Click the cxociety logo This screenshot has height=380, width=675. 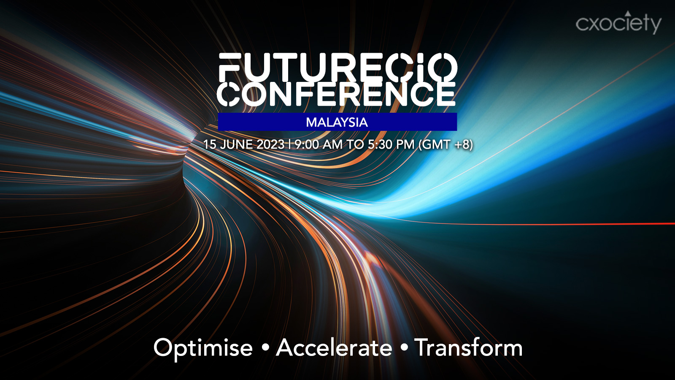[x=618, y=23]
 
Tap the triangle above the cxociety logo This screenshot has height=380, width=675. [x=628, y=13]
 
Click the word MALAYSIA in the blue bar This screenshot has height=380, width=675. [x=337, y=122]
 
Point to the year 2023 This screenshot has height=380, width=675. [x=270, y=144]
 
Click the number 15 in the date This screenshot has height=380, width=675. [x=210, y=144]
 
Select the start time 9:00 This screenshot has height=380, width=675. [x=307, y=144]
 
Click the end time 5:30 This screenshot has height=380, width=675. [x=380, y=144]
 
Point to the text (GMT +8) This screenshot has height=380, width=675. [x=445, y=145]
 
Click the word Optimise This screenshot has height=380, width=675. [x=203, y=348]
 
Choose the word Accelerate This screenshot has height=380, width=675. [x=334, y=347]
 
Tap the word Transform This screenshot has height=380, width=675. [x=468, y=347]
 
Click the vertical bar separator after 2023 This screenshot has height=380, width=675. [x=289, y=144]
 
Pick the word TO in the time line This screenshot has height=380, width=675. [x=355, y=144]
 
